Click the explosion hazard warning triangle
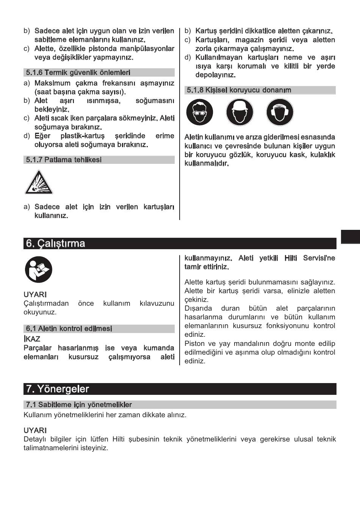tap(39, 183)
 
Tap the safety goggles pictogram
tap(200, 112)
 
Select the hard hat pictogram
tap(240, 112)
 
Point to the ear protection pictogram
tap(280, 112)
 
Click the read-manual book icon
tap(39, 269)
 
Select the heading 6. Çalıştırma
tap(56, 244)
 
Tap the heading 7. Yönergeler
tap(58, 389)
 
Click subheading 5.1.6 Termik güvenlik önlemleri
tap(78, 72)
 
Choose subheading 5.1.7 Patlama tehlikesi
tap(64, 160)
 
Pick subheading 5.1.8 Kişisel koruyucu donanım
tap(239, 90)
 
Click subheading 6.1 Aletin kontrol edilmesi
tap(69, 328)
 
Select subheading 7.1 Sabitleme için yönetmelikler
tap(79, 405)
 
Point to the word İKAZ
tap(32, 339)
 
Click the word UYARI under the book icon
tap(35, 294)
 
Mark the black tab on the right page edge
tap(350, 236)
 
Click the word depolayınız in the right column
tap(215, 75)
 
